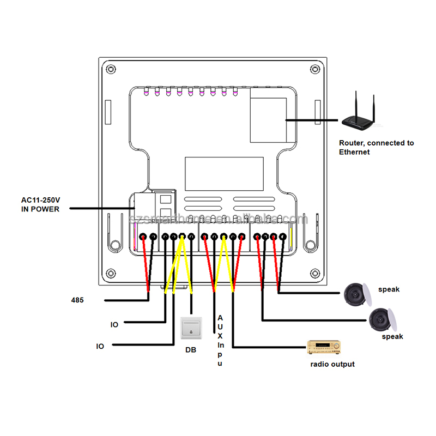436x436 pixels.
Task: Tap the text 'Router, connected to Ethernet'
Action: [376, 147]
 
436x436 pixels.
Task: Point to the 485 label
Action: [77, 300]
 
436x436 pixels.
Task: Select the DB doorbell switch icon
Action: [191, 328]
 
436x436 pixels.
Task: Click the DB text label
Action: [190, 350]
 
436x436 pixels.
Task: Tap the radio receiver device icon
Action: [324, 347]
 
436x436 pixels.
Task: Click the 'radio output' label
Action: [332, 364]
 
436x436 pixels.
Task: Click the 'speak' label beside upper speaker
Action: [390, 289]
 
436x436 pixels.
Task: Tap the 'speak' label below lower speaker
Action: [392, 337]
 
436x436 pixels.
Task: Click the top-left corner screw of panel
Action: [111, 69]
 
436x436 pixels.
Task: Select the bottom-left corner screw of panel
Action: [111, 273]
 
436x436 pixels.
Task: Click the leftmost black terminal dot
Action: [143, 237]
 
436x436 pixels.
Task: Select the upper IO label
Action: [114, 325]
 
